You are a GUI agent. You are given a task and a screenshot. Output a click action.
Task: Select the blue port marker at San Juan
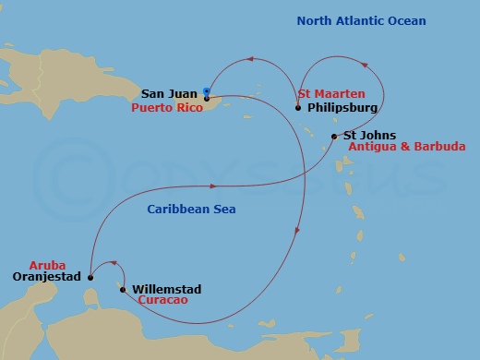206,90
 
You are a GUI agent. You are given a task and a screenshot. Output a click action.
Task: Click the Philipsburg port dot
298,108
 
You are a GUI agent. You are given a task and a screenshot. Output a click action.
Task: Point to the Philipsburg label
341,107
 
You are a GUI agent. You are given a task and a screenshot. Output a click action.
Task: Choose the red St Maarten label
331,94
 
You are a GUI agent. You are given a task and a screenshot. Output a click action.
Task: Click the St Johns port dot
334,137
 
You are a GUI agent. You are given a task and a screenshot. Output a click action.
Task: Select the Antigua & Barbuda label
406,147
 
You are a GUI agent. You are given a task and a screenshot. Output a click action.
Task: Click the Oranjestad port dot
90,276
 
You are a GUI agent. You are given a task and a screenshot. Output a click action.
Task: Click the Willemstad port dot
123,289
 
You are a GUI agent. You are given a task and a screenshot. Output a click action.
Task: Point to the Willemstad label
167,289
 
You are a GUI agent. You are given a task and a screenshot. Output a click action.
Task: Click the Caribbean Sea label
191,210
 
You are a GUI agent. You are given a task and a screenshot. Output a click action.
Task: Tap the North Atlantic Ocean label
361,21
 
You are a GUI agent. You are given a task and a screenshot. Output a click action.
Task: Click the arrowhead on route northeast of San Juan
248,61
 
